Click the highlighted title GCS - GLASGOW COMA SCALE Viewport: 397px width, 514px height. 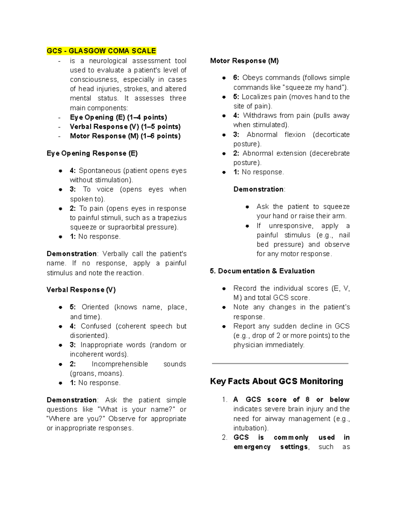[x=101, y=51]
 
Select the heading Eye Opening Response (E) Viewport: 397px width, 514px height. [x=92, y=153]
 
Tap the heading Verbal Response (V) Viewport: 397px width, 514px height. [x=81, y=290]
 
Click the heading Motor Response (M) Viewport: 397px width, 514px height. [x=244, y=61]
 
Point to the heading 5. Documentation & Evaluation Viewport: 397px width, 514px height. [x=262, y=271]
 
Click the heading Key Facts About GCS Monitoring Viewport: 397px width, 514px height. [x=276, y=381]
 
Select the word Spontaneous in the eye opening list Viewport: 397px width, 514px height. [x=100, y=171]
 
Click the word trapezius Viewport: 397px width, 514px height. [x=172, y=218]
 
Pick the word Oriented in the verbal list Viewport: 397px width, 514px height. [x=95, y=307]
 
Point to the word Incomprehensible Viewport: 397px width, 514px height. [x=120, y=364]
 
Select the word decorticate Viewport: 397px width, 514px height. [x=331, y=135]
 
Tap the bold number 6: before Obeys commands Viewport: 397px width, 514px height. [x=236, y=78]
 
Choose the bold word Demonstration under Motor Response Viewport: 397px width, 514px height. [x=258, y=189]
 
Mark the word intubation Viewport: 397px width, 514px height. [x=250, y=428]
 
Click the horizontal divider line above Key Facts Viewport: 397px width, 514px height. [x=280, y=363]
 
